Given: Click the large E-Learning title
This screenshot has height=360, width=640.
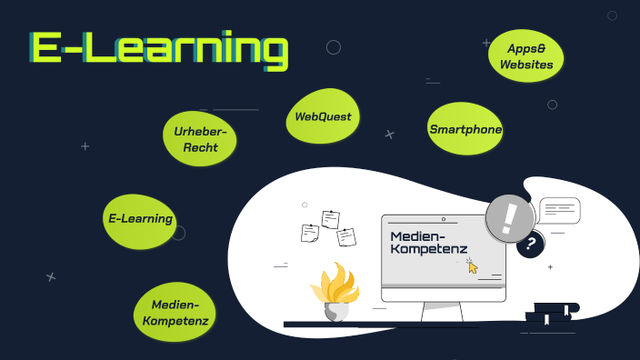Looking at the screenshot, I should (x=159, y=50).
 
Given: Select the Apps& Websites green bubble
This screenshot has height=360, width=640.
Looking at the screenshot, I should (x=526, y=55).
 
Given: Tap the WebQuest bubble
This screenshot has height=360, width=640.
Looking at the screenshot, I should (x=322, y=117).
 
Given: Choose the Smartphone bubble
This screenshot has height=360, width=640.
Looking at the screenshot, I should (x=465, y=130).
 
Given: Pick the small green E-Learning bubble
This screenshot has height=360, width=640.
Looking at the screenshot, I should (x=139, y=219).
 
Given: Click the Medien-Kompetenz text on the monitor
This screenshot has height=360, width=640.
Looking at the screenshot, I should (x=428, y=243).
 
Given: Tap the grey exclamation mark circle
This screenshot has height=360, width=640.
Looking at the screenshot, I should (x=509, y=218).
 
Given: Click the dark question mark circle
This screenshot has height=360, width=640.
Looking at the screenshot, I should (x=530, y=245).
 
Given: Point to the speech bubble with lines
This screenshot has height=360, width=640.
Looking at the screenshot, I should (x=559, y=211).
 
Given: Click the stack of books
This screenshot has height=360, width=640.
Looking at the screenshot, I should (x=551, y=313).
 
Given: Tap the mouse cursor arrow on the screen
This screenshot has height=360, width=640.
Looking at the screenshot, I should (x=472, y=265).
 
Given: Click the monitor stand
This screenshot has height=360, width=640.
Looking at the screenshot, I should (x=443, y=309).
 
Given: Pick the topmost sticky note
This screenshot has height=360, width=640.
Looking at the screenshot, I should (x=331, y=219).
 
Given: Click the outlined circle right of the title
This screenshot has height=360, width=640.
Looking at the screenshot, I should (x=334, y=47).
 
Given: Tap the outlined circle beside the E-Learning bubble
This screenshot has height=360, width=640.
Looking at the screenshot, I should (x=178, y=233).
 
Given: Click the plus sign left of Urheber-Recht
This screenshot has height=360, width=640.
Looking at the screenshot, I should (x=85, y=145).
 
